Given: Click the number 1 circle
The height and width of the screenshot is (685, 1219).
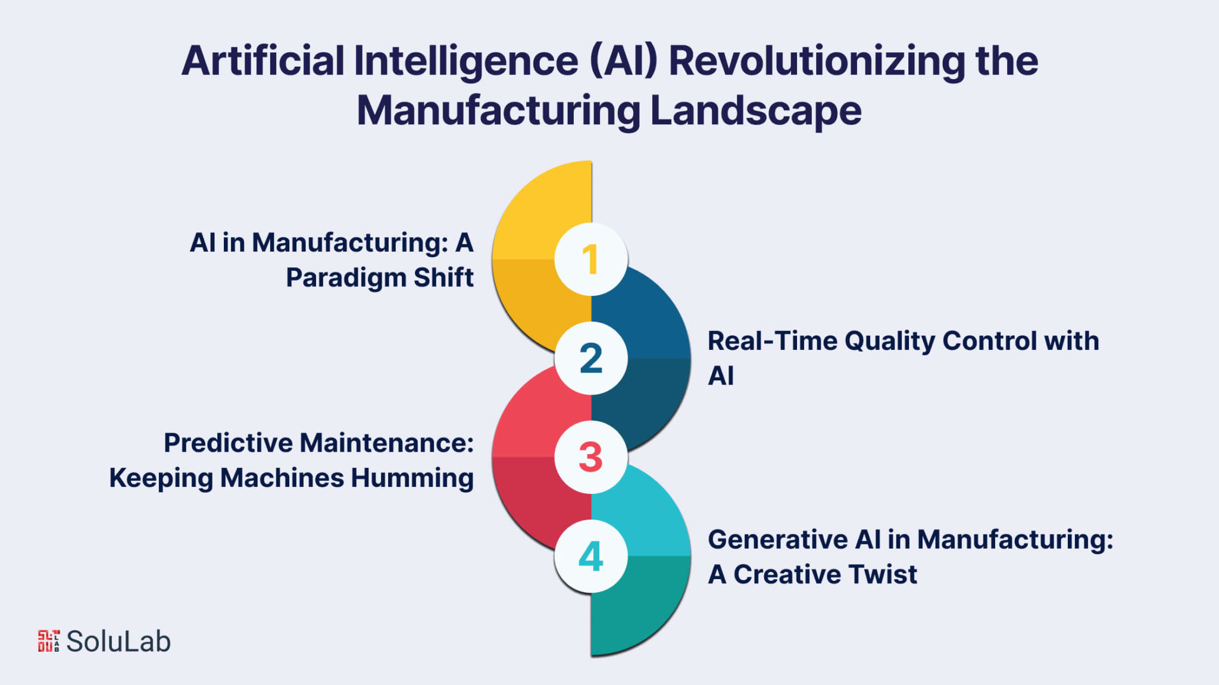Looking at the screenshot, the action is (590, 259).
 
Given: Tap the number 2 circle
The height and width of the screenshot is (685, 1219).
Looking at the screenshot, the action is (590, 358).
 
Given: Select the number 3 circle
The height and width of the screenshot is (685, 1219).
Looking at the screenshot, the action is (590, 457).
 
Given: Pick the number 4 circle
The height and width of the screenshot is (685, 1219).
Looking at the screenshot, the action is (590, 556).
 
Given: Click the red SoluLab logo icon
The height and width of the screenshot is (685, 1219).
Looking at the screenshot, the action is (49, 641).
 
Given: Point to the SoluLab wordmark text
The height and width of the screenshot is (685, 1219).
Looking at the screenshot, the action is (118, 642).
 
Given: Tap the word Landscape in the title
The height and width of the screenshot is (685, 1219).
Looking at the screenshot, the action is (756, 111).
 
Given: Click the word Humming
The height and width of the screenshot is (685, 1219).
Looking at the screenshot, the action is (412, 478).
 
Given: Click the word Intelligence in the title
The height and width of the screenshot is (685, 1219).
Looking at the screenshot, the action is (466, 62).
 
